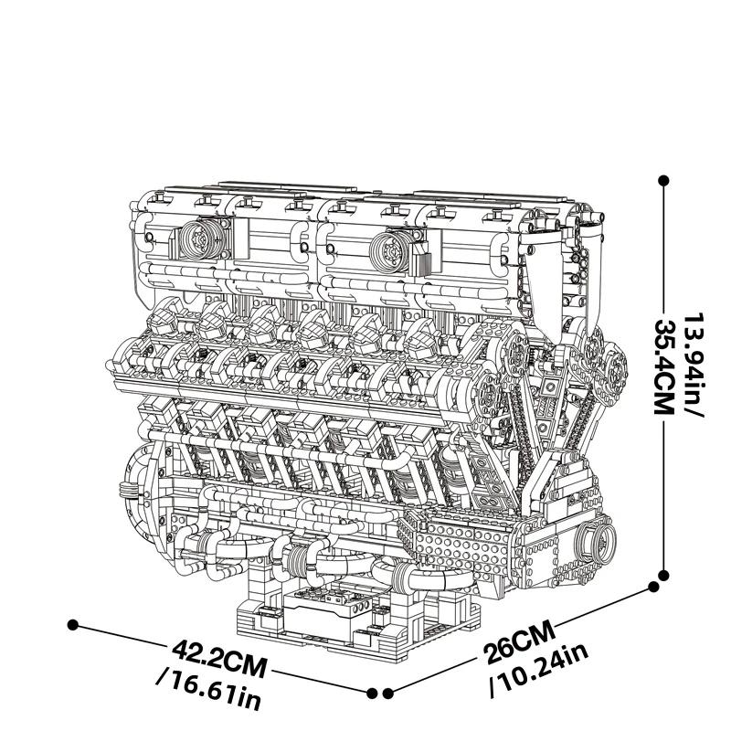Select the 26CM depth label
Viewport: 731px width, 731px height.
click(x=520, y=643)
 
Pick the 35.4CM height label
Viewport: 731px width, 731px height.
click(x=664, y=365)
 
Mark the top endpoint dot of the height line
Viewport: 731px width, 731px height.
click(x=664, y=180)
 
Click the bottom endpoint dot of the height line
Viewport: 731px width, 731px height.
click(x=664, y=575)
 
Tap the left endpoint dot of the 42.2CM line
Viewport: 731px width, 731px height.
click(x=72, y=625)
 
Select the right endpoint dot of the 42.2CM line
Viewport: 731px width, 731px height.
click(x=372, y=694)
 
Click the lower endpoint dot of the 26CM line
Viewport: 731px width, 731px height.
click(x=388, y=694)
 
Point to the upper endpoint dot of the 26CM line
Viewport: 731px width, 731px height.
click(x=654, y=587)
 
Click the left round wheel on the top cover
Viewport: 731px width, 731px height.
click(x=201, y=239)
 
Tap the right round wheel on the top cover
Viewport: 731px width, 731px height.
click(x=391, y=251)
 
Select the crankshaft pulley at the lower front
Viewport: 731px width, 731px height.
click(x=598, y=540)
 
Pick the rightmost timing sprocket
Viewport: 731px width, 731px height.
click(x=613, y=367)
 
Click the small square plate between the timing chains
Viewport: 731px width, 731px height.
click(x=551, y=387)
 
